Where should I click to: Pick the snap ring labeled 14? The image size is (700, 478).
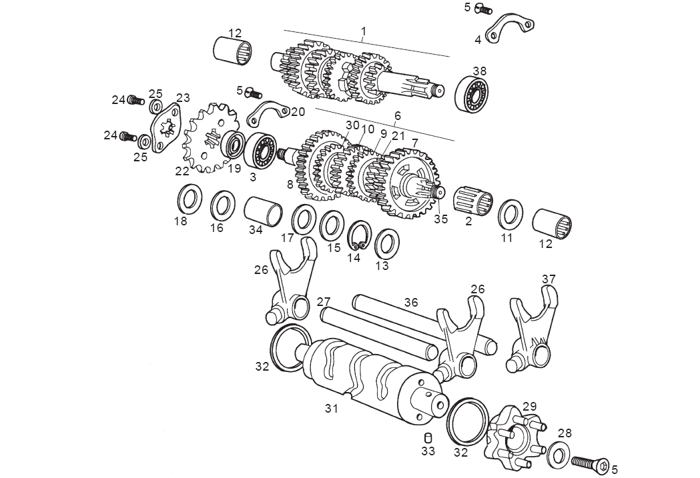pyautogui.click(x=360, y=235)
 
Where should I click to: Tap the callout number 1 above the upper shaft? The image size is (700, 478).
pyautogui.click(x=364, y=31)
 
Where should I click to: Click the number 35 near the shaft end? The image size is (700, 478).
pyautogui.click(x=440, y=217)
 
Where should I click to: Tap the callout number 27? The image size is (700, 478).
pyautogui.click(x=324, y=301)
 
